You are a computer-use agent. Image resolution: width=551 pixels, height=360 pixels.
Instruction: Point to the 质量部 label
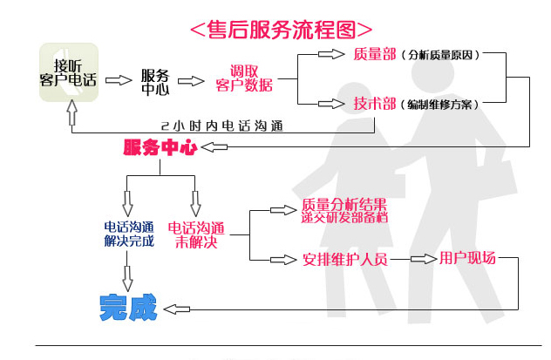point(373,54)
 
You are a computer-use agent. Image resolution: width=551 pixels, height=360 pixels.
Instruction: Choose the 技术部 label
point(373,103)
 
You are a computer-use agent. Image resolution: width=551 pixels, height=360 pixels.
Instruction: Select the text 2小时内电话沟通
point(222,125)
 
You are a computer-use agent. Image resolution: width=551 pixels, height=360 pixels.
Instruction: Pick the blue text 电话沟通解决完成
point(128,234)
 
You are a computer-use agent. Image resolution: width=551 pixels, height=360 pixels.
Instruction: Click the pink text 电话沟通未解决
point(194,234)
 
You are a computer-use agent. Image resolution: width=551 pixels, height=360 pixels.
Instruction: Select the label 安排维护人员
point(344,259)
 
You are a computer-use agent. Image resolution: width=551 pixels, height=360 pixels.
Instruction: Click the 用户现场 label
point(466,258)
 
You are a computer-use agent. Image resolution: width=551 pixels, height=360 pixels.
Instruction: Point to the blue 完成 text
point(127,306)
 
